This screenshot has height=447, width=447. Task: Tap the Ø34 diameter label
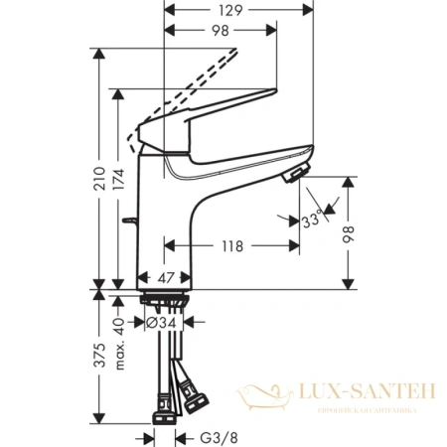tap(161, 322)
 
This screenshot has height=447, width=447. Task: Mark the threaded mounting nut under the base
tap(163, 301)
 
